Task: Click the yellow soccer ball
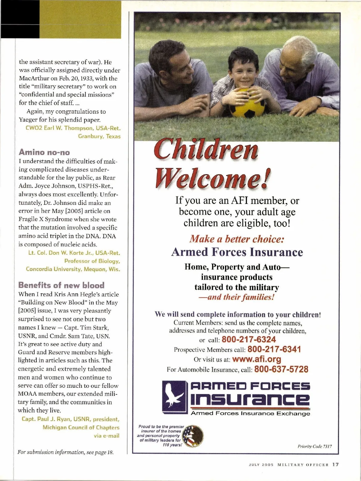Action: click(247, 103)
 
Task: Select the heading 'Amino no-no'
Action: click(44, 152)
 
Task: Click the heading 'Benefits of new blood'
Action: click(61, 285)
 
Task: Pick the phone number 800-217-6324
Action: click(248, 340)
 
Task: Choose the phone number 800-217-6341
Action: click(274, 349)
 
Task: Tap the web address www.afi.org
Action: click(257, 359)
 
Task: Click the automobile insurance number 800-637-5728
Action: click(281, 369)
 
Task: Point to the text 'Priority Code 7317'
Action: click(315, 446)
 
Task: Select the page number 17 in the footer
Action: click(335, 464)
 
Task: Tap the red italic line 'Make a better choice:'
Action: click(237, 239)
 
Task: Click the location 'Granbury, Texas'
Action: click(99, 136)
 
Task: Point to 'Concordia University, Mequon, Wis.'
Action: click(73, 269)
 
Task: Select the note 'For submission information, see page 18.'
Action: click(66, 452)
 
